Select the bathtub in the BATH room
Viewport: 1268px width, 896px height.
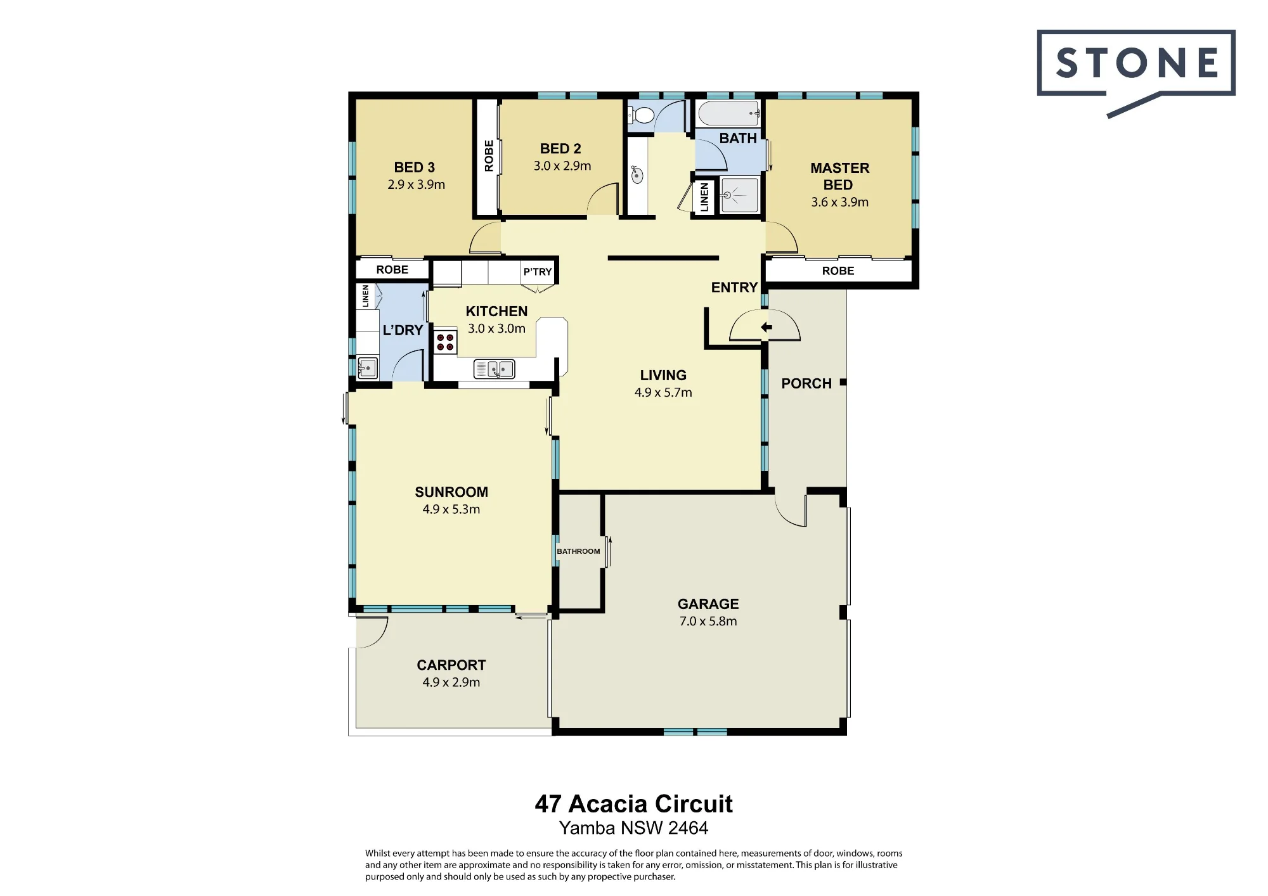(x=729, y=113)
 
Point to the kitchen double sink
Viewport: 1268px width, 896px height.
(x=495, y=368)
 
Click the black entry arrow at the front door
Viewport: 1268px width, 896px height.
(x=767, y=328)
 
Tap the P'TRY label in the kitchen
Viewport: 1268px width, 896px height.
(x=538, y=272)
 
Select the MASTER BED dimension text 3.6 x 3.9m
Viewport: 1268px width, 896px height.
(x=840, y=202)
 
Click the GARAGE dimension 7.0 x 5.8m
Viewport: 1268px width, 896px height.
(x=708, y=622)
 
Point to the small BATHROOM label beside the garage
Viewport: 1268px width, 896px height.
(x=578, y=551)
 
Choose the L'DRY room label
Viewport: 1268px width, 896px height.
(x=403, y=330)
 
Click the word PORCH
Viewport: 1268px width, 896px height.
(x=806, y=383)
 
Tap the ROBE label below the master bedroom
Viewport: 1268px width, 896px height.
(x=838, y=271)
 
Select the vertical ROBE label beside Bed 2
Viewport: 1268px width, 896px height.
(x=489, y=156)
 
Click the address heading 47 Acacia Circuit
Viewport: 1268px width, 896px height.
(x=633, y=804)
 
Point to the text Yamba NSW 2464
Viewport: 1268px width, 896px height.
(x=633, y=828)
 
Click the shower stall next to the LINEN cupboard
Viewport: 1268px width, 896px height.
(x=739, y=195)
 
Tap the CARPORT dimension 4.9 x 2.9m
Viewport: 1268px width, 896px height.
(x=451, y=682)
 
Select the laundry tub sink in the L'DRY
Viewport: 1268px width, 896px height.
(x=368, y=368)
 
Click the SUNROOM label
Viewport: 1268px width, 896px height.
(x=451, y=492)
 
